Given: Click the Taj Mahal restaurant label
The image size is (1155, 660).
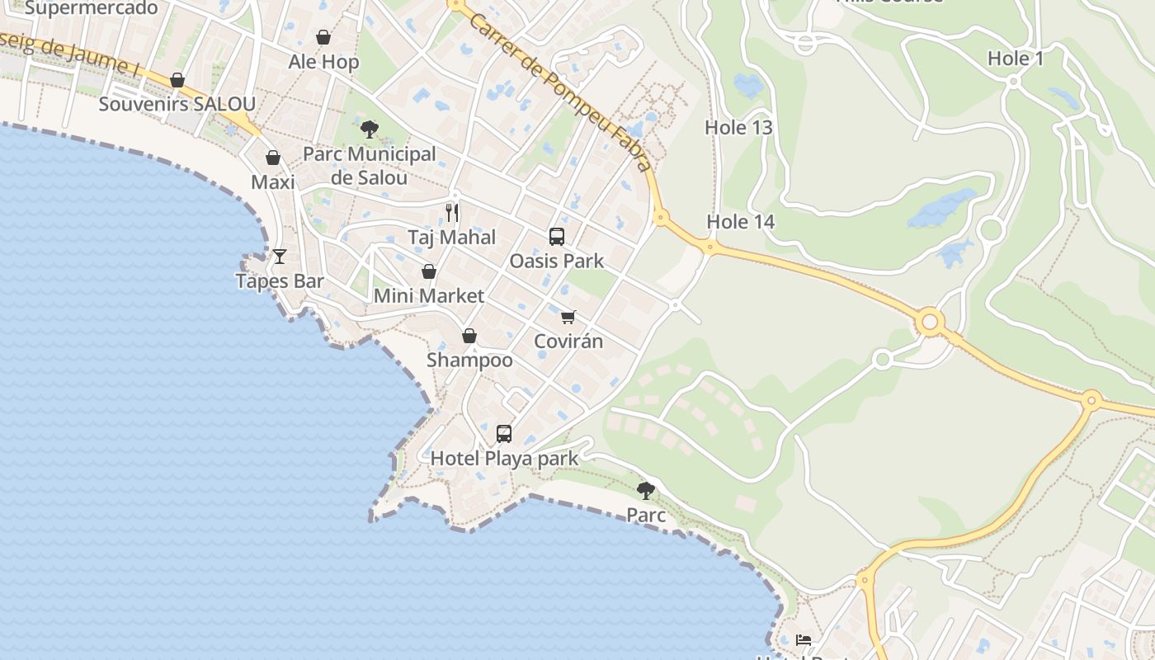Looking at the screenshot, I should coord(452,238).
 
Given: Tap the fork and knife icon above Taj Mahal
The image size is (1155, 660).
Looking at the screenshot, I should coord(452,213).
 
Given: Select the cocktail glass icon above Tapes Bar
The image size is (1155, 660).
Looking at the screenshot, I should coord(280,257).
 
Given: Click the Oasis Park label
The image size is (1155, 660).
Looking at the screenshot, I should coord(557,261).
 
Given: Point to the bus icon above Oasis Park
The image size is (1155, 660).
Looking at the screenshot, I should coord(557,237).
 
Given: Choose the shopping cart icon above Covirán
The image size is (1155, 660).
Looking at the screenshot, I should coord(568,317).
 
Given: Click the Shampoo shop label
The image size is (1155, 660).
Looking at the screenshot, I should coord(469,361).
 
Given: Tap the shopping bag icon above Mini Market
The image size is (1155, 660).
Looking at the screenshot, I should coord(429,271).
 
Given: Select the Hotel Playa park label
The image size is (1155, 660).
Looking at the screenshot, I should coord(504,458).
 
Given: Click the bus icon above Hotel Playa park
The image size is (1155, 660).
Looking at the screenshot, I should coord(504,433).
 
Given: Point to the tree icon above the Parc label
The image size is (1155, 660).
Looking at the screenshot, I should coord(646,491).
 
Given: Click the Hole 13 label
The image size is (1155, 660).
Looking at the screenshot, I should coord(738,127).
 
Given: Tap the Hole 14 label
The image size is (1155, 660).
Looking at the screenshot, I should coord(740,222).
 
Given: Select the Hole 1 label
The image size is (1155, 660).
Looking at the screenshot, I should coord(1016,59).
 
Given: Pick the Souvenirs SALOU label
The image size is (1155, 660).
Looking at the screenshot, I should coord(177,105).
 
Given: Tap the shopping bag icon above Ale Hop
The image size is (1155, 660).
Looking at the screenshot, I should coord(323,37).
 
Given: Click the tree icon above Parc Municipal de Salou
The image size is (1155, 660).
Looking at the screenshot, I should coord(370,129).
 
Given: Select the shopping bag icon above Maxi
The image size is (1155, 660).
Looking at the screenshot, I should coord(273,158).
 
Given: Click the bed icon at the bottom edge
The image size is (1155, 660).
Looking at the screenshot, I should coord(804,639).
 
